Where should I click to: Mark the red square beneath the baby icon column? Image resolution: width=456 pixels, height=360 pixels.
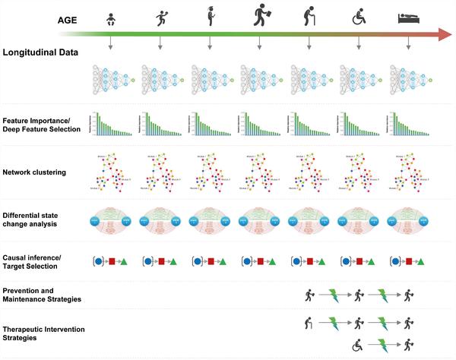click(x=112, y=261)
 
